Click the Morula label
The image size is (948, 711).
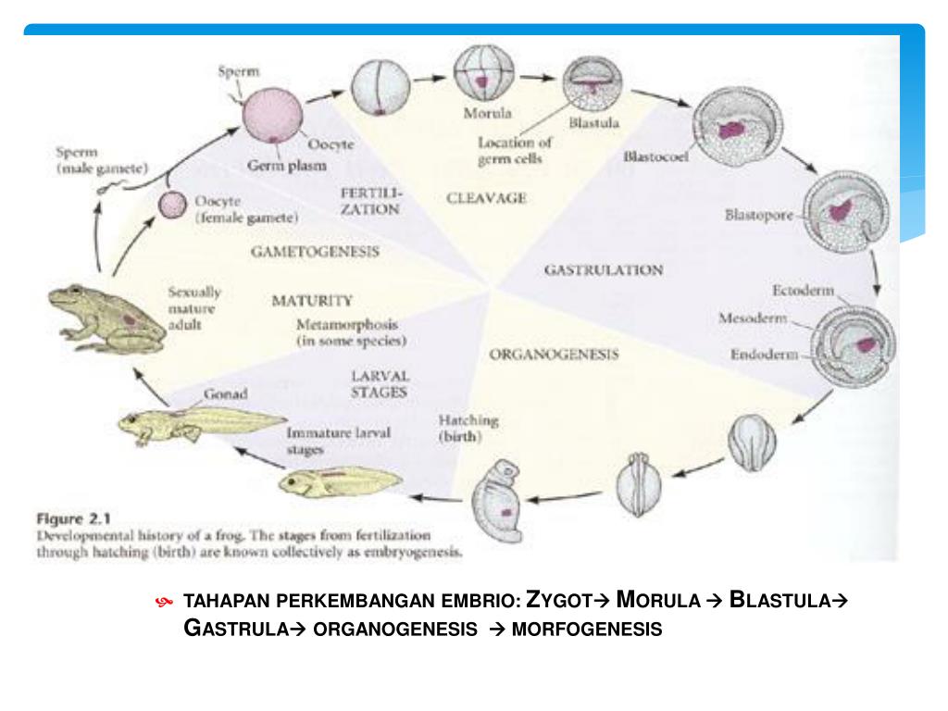(487, 113)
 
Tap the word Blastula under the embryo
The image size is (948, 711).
(593, 123)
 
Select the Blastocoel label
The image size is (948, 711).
(655, 156)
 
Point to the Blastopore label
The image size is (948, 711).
(759, 215)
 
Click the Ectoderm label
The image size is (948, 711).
(803, 291)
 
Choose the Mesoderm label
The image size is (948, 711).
(753, 318)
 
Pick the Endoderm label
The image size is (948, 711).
(764, 355)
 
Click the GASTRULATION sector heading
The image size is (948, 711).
(604, 270)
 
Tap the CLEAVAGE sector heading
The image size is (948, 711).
(486, 198)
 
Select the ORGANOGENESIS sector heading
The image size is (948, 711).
(554, 355)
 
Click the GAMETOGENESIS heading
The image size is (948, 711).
(315, 252)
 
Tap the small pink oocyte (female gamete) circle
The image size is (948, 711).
(172, 205)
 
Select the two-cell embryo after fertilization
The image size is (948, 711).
(380, 88)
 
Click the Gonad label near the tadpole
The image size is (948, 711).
(226, 394)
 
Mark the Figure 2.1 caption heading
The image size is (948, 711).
(74, 518)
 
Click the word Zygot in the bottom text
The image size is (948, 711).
(559, 599)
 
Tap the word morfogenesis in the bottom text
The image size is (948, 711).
(587, 630)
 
